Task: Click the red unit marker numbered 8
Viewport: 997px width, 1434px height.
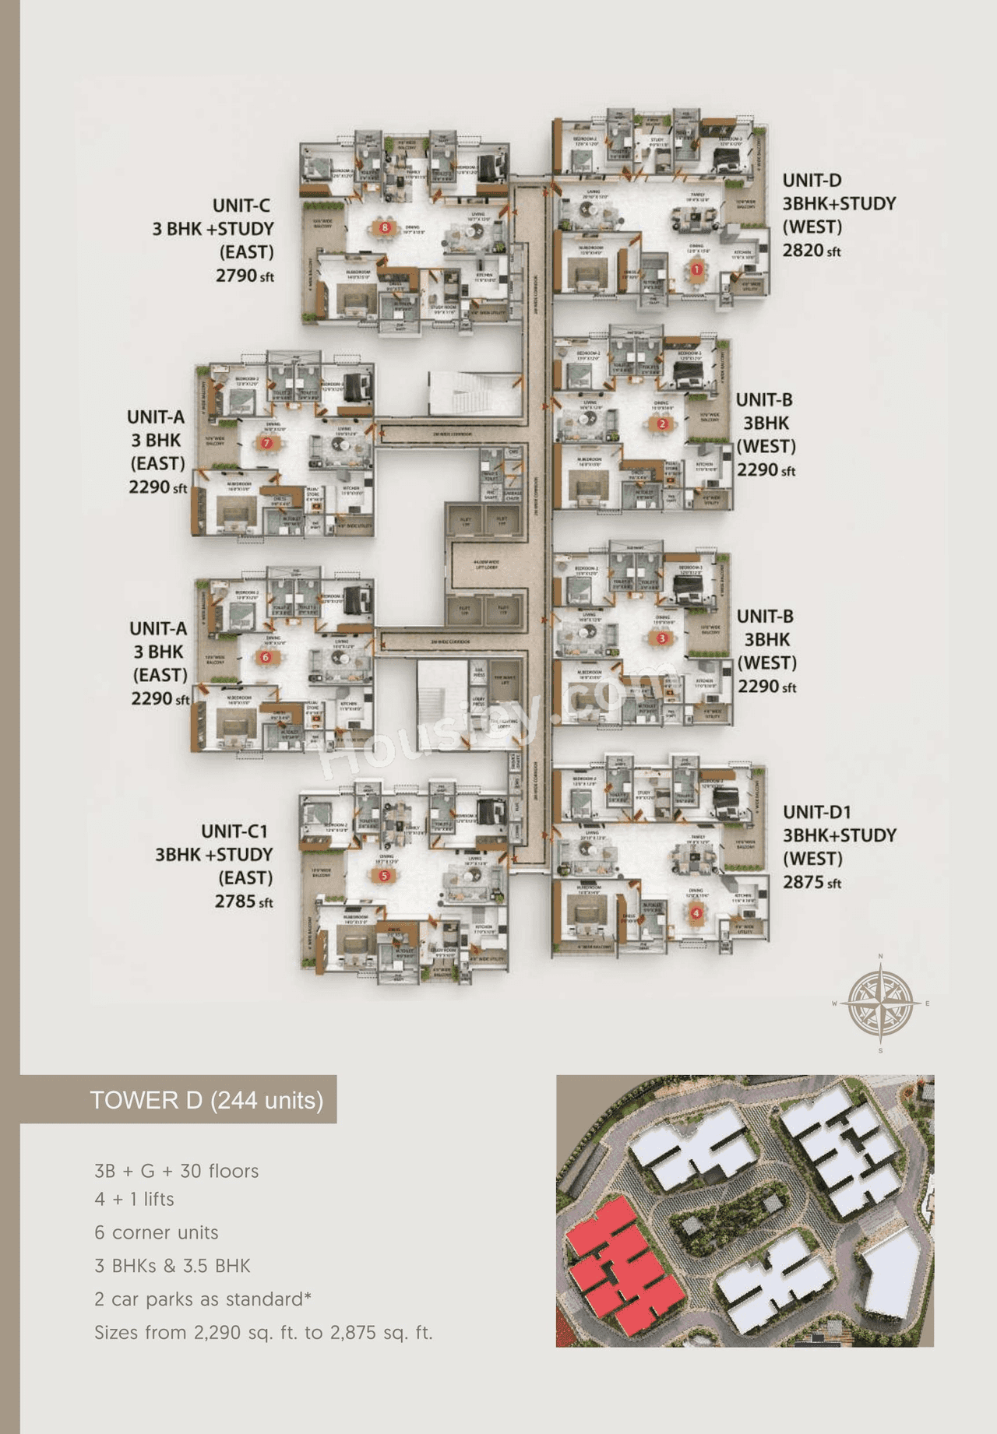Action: pyautogui.click(x=385, y=228)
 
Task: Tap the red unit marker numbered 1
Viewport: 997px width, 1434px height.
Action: pyautogui.click(x=696, y=269)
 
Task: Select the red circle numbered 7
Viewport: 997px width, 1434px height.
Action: pyautogui.click(x=266, y=443)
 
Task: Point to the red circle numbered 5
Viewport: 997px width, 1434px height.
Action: pyautogui.click(x=384, y=876)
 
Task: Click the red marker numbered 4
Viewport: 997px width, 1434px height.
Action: pyautogui.click(x=696, y=913)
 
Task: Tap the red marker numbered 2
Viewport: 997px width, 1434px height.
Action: pyautogui.click(x=662, y=424)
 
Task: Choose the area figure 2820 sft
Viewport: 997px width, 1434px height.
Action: pyautogui.click(x=812, y=251)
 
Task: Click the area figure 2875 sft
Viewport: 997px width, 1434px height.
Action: pyautogui.click(x=812, y=883)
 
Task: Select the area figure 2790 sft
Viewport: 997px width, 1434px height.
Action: pyautogui.click(x=245, y=276)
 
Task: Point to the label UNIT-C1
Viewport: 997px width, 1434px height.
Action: pyautogui.click(x=234, y=831)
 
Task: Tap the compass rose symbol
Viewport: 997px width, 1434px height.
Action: pyautogui.click(x=880, y=1003)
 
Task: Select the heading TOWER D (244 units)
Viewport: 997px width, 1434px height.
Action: pyautogui.click(x=206, y=1100)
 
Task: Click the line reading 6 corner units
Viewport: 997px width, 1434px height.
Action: pyautogui.click(x=157, y=1232)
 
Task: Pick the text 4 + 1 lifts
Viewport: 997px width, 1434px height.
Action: pyautogui.click(x=134, y=1199)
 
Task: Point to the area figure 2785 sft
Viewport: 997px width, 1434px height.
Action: pyautogui.click(x=244, y=902)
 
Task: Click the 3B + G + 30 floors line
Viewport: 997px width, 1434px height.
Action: pyautogui.click(x=176, y=1171)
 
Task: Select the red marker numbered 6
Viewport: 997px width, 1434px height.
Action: pyautogui.click(x=266, y=657)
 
